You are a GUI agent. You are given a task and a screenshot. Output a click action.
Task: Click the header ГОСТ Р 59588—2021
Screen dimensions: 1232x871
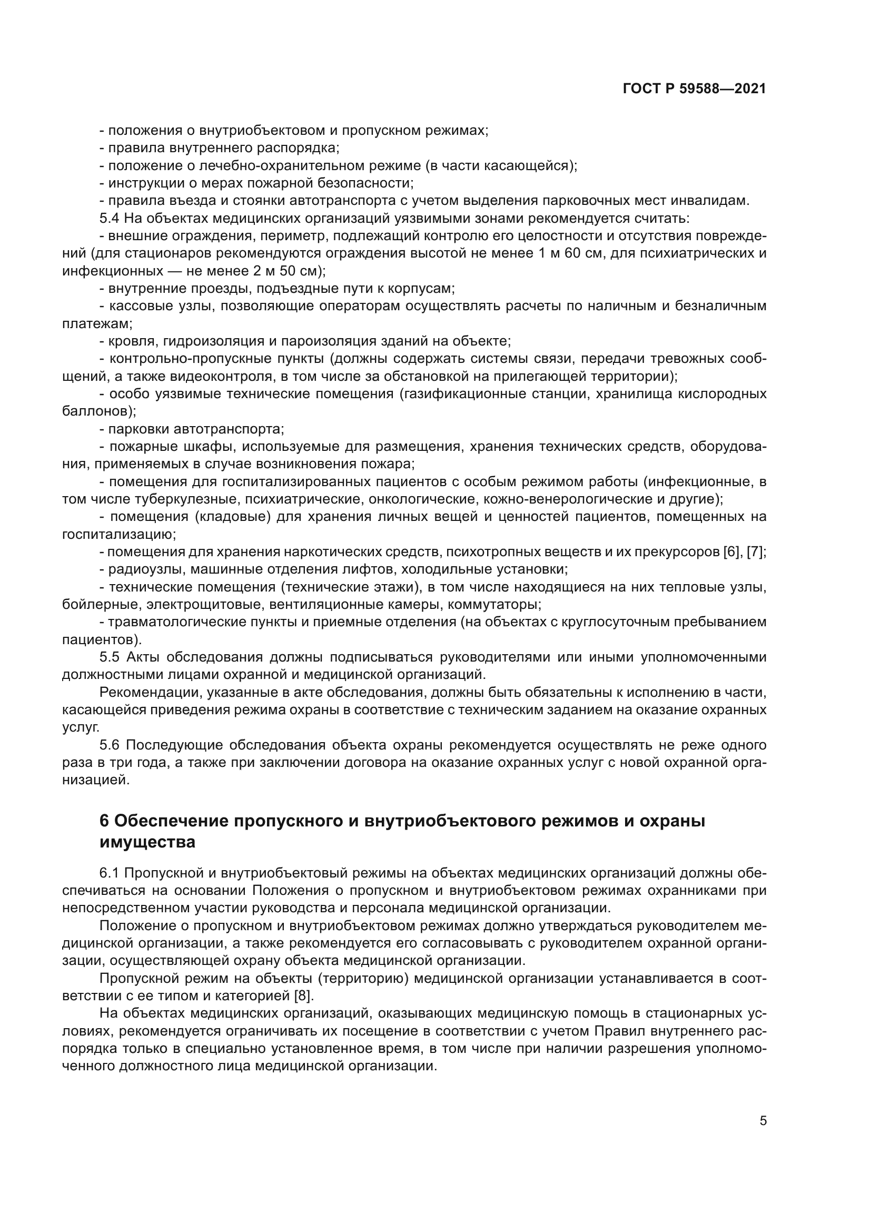[694, 89]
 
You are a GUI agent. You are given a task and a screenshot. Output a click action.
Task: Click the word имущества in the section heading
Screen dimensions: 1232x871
[147, 842]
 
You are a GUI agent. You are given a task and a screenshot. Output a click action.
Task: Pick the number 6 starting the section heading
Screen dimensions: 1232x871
[105, 821]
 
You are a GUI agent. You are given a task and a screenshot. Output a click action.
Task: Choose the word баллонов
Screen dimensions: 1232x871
[98, 411]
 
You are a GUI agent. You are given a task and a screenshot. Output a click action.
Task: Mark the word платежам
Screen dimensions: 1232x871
[97, 323]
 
